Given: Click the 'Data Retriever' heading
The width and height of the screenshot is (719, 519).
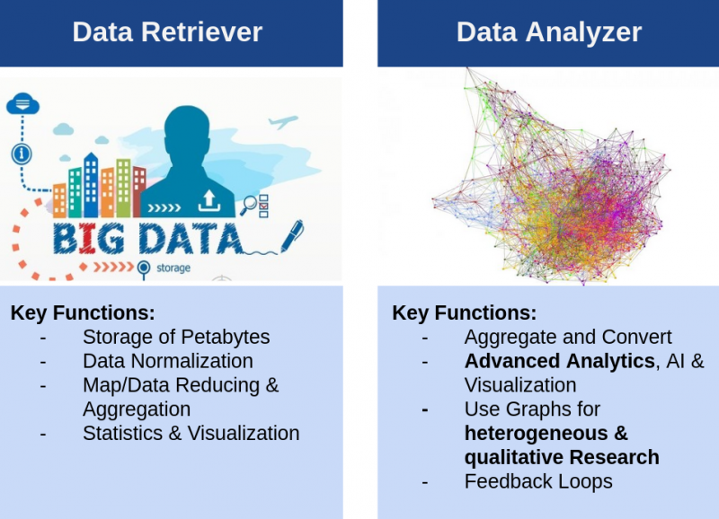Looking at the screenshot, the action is pyautogui.click(x=167, y=32).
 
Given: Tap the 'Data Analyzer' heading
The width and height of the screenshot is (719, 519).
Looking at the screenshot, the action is pyautogui.click(x=549, y=32).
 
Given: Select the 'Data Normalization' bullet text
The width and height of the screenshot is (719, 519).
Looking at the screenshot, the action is pyautogui.click(x=168, y=361).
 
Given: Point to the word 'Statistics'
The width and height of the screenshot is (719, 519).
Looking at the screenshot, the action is pyautogui.click(x=122, y=433).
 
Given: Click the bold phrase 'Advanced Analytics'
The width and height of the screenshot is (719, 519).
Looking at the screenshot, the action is pyautogui.click(x=559, y=361).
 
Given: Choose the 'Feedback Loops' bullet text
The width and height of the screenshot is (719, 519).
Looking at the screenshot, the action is pyautogui.click(x=538, y=481).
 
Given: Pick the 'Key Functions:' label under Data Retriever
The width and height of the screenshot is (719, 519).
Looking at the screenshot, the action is pyautogui.click(x=83, y=312).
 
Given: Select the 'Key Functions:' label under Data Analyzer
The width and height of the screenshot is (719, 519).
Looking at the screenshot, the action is pyautogui.click(x=464, y=312).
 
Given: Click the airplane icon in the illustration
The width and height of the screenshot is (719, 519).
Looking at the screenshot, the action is pyautogui.click(x=283, y=121).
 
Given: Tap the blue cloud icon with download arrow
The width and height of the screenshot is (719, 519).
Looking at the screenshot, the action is pyautogui.click(x=23, y=103).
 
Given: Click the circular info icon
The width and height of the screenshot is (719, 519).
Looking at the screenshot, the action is pyautogui.click(x=22, y=154).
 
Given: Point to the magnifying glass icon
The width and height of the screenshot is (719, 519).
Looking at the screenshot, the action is pyautogui.click(x=249, y=205).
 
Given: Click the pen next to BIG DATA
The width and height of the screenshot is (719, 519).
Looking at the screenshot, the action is pyautogui.click(x=291, y=235).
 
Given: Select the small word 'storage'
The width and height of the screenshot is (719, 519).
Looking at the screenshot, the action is pyautogui.click(x=173, y=268).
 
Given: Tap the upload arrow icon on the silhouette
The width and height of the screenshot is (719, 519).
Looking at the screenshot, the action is pyautogui.click(x=209, y=200).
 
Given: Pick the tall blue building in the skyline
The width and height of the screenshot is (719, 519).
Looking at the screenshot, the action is pyautogui.click(x=91, y=185).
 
